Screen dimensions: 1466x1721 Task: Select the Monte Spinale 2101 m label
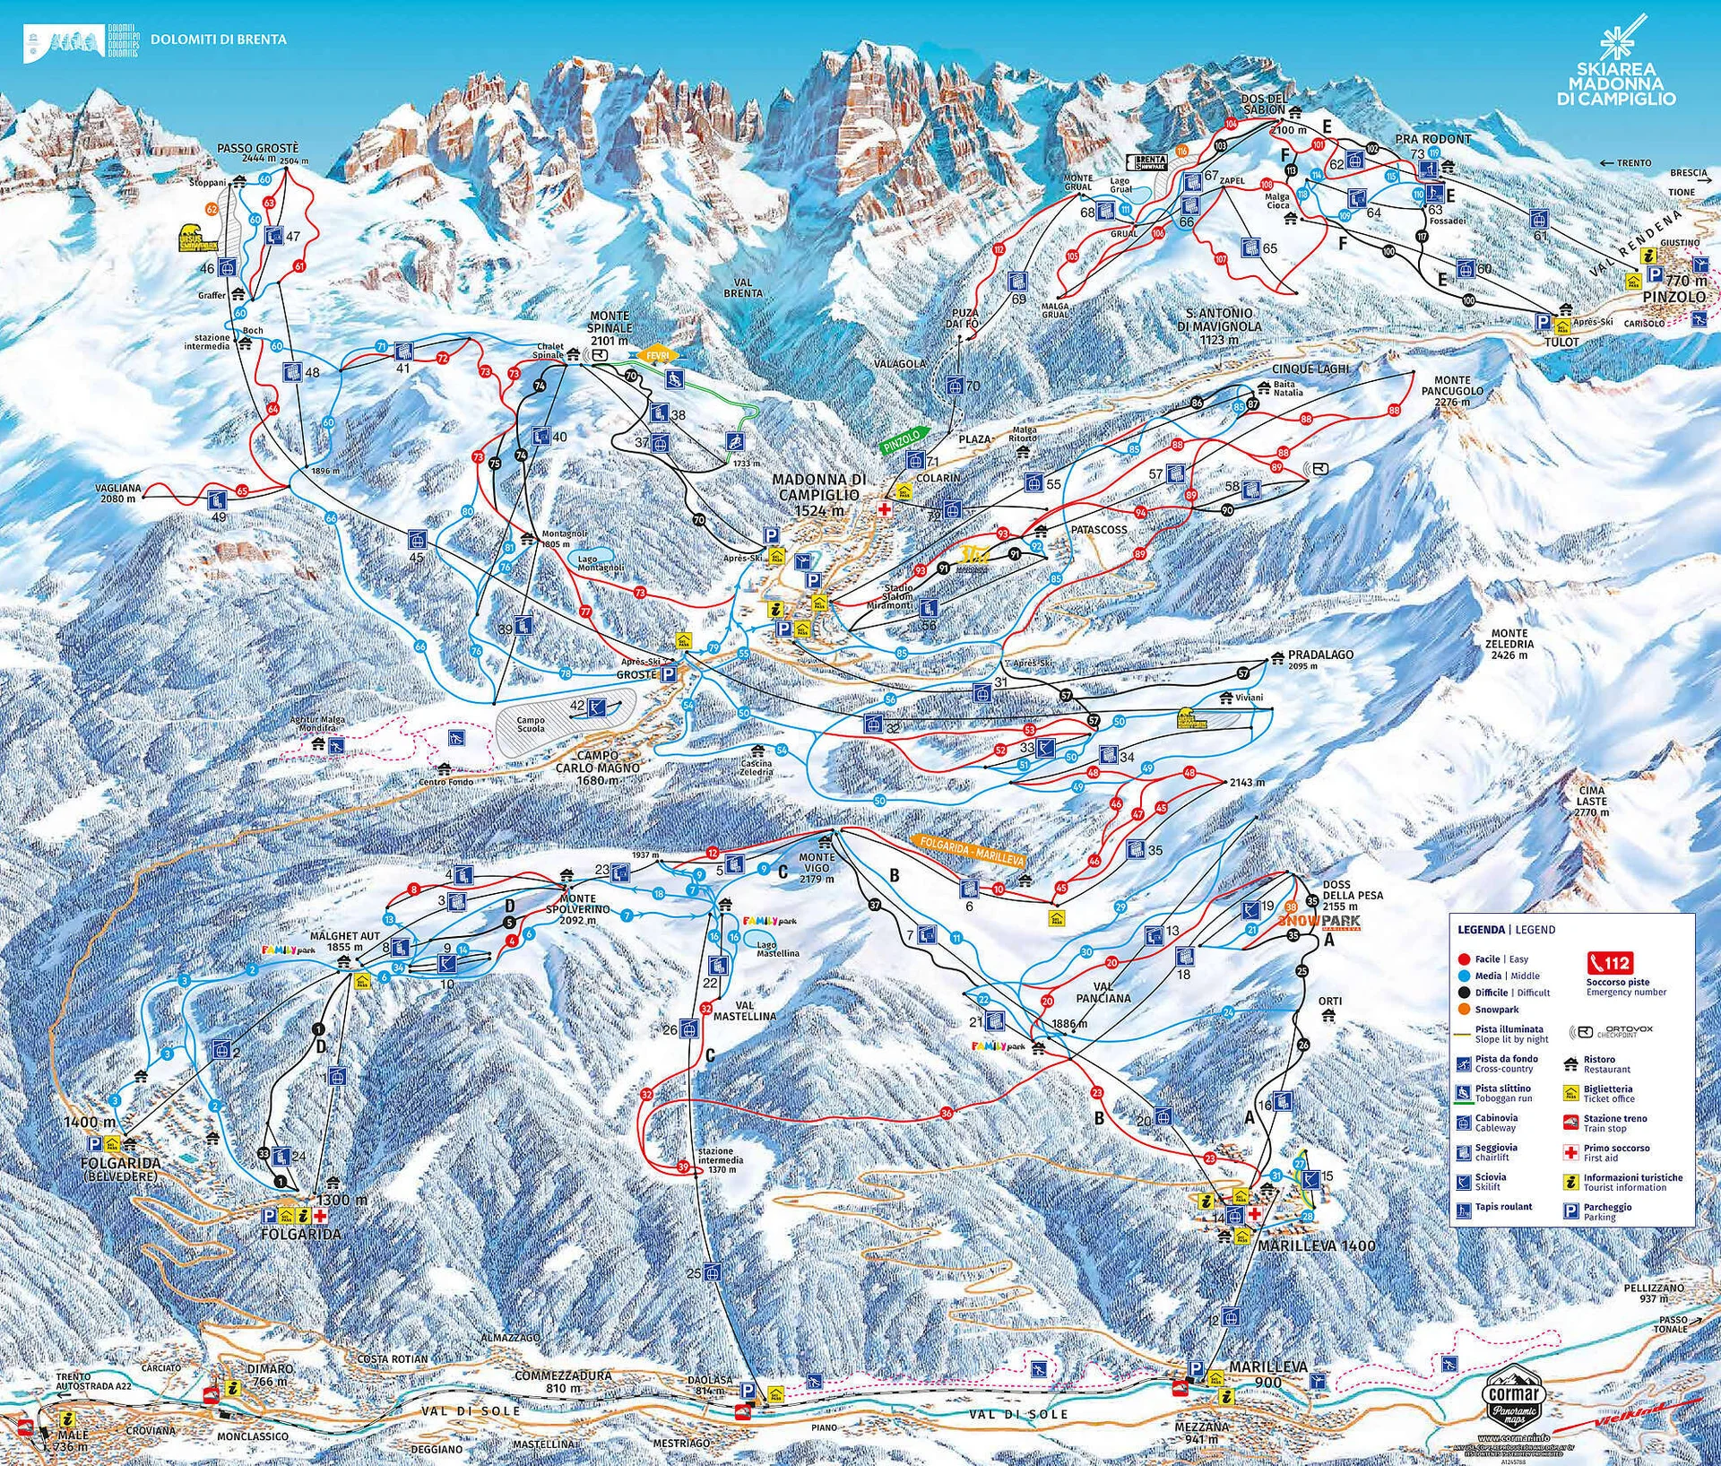click(x=610, y=328)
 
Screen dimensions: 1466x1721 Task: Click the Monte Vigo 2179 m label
click(x=817, y=868)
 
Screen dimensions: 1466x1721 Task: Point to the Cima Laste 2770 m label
click(x=1592, y=801)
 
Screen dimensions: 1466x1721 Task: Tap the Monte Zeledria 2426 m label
click(x=1509, y=644)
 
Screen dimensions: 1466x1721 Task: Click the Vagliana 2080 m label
click(x=120, y=493)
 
